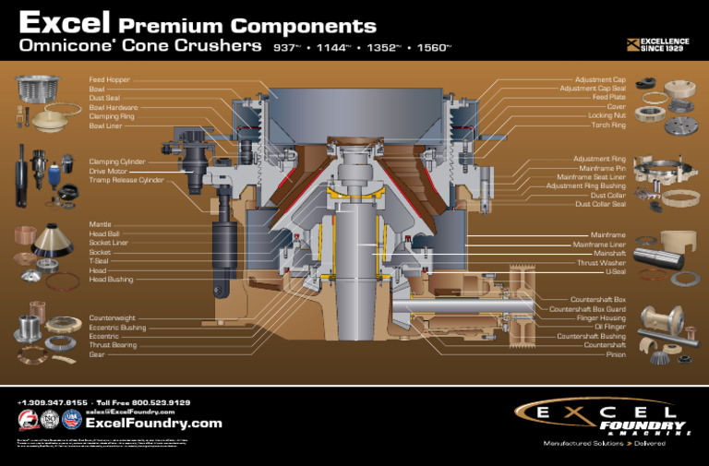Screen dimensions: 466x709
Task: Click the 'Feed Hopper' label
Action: pos(109,80)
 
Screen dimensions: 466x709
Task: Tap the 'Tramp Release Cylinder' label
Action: pos(126,180)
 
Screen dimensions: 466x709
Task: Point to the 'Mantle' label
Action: pos(100,224)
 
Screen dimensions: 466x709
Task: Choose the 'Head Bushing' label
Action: pos(111,279)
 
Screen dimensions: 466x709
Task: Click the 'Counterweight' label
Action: pos(113,317)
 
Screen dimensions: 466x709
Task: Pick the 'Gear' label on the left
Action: pos(96,353)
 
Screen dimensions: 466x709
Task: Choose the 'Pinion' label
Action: pos(616,354)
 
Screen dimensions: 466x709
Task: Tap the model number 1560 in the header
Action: pos(430,46)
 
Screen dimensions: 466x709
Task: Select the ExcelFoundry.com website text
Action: pos(153,424)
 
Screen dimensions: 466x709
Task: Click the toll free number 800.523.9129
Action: pos(157,402)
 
